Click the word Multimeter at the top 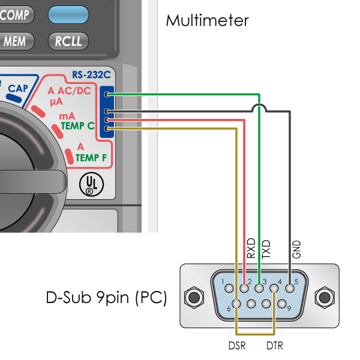click(207, 20)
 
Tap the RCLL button click(68, 41)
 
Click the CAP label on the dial click(18, 89)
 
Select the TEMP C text click(77, 127)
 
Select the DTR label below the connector click(274, 346)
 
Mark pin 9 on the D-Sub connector click(282, 304)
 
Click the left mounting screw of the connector click(194, 297)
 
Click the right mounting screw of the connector click(325, 297)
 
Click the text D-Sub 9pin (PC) click(106, 298)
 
